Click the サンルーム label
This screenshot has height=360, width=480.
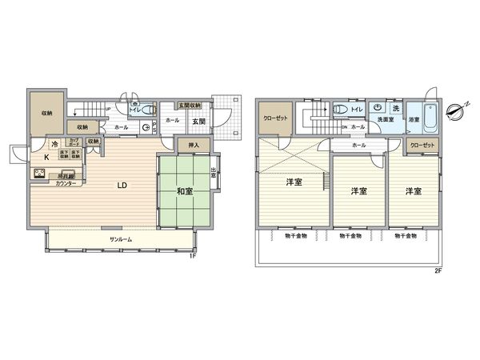coord(121,239)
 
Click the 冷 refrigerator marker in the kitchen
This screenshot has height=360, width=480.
coord(54,145)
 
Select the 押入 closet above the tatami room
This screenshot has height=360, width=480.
coord(194,146)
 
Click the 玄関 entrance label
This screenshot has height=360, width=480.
coord(197,121)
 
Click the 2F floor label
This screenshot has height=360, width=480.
coord(438,272)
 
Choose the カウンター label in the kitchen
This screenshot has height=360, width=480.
coord(66,183)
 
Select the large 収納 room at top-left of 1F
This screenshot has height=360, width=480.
coord(46,113)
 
